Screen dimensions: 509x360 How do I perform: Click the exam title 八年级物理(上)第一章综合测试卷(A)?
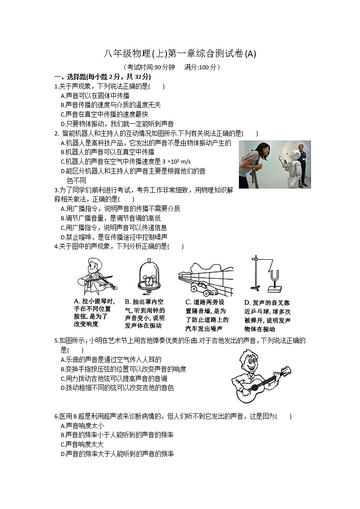click(180, 54)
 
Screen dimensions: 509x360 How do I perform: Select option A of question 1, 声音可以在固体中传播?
click(95, 96)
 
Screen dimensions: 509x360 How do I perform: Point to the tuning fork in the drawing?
click(274, 277)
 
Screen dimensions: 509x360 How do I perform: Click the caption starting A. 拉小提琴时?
click(95, 313)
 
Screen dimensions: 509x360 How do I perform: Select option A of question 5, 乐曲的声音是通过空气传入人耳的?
click(111, 359)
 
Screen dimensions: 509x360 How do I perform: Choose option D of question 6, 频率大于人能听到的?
click(117, 454)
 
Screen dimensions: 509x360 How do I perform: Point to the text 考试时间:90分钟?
click(149, 67)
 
